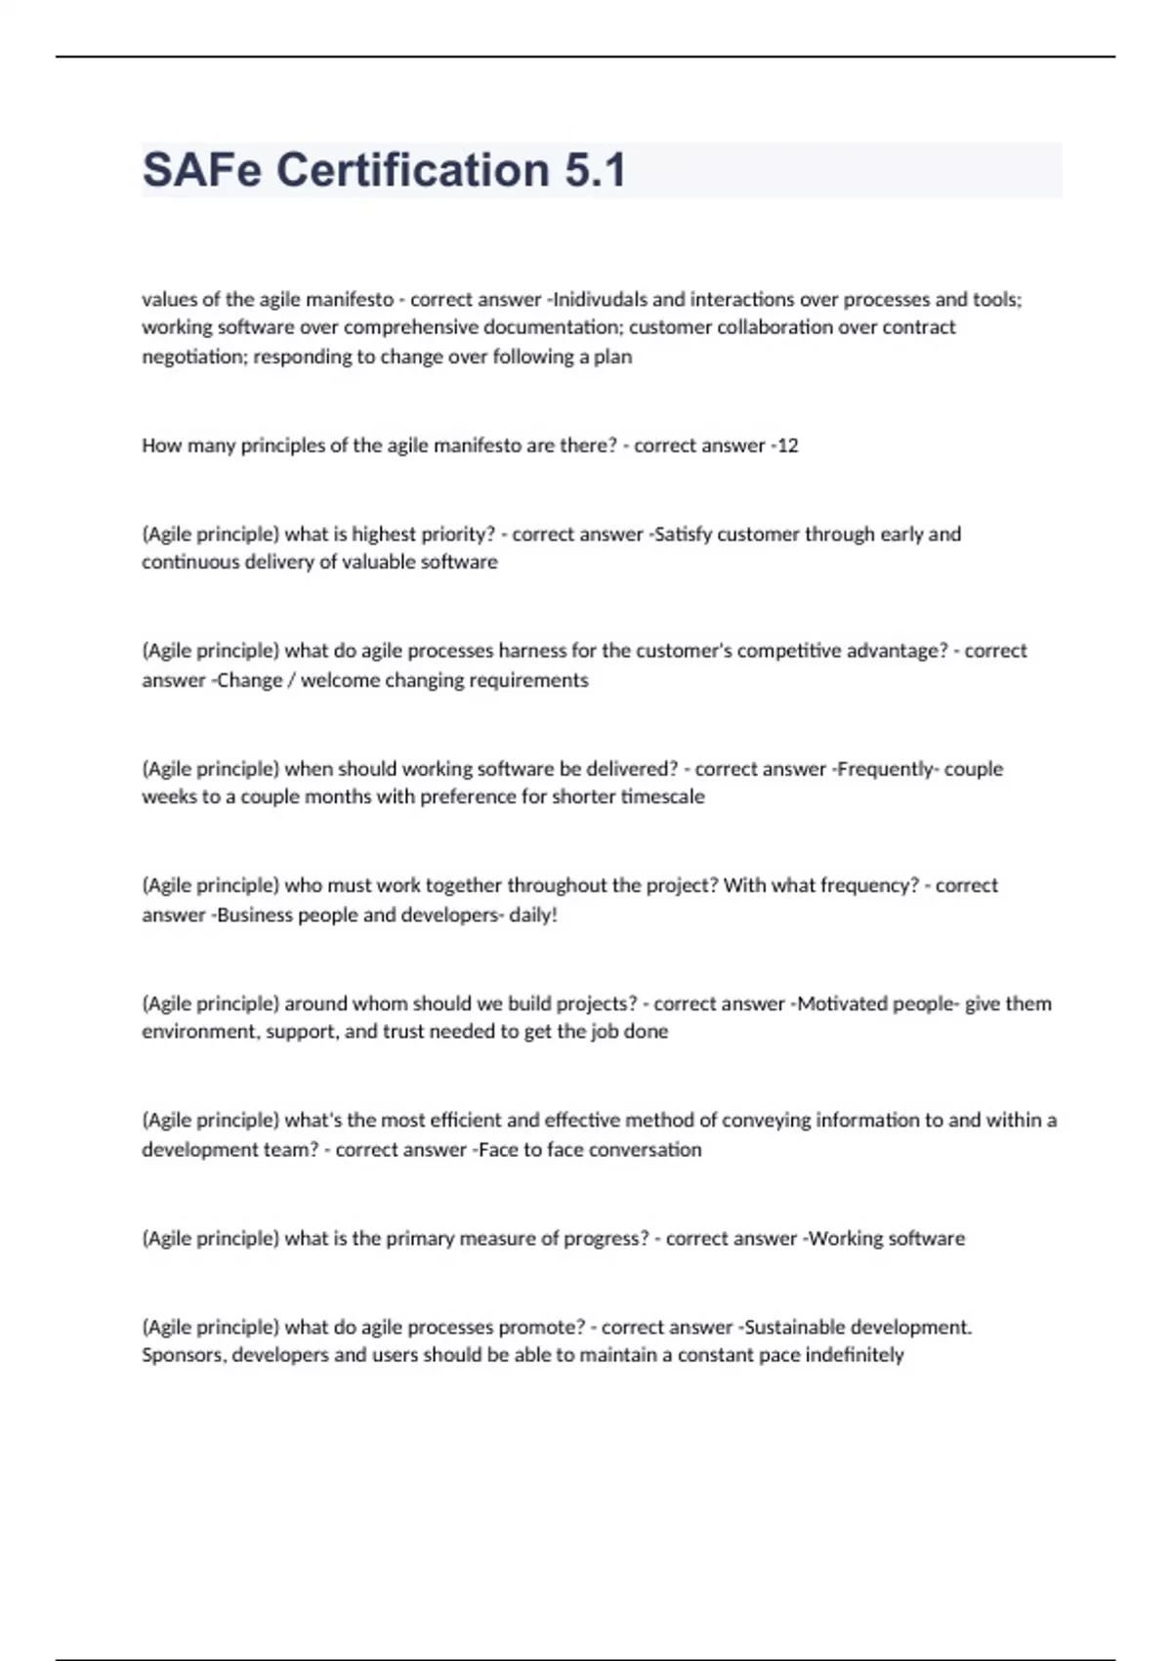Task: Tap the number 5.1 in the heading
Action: coord(594,170)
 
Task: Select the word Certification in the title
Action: coord(413,170)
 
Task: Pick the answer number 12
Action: coord(787,446)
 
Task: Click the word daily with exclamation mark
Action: coord(533,916)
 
